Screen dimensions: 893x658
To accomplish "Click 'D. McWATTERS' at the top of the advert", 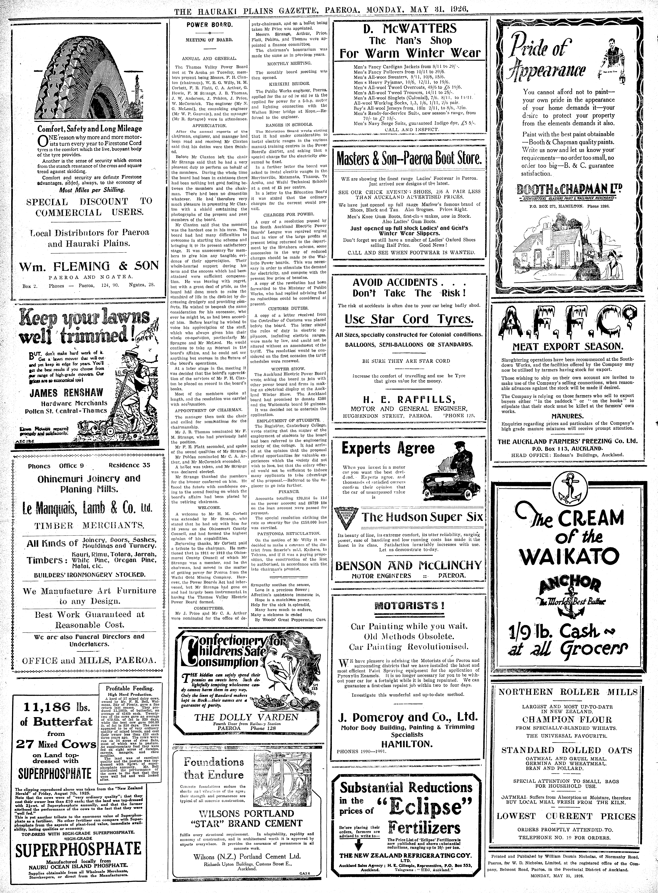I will point(410,29).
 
